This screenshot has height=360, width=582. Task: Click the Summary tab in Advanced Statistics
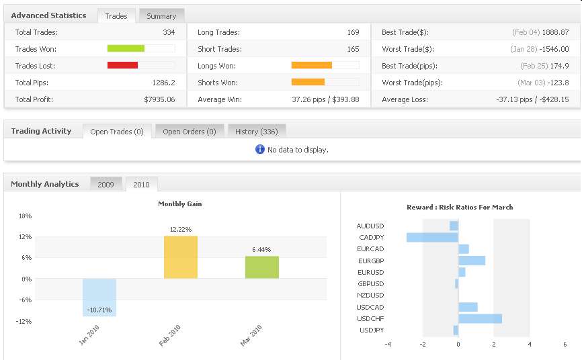click(x=161, y=15)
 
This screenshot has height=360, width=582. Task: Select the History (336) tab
click(x=257, y=132)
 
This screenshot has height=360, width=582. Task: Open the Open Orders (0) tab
click(x=189, y=132)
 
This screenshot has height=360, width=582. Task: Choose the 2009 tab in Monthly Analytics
click(x=106, y=184)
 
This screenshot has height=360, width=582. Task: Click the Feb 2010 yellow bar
click(x=181, y=257)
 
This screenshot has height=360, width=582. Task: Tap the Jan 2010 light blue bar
click(x=99, y=297)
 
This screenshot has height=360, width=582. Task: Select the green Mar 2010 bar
click(x=261, y=267)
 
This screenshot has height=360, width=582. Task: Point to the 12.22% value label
click(x=181, y=230)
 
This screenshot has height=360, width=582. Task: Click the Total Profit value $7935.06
click(x=159, y=99)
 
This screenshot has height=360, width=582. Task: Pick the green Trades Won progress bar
click(x=126, y=48)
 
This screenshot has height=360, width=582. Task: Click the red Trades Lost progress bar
click(x=123, y=65)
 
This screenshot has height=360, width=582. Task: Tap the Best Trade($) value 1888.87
click(x=555, y=32)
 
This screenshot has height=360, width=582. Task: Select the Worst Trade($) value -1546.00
click(x=553, y=49)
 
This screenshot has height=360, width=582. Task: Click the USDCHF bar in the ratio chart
click(x=480, y=318)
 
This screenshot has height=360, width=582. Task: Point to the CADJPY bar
click(x=432, y=237)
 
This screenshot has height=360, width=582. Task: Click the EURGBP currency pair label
click(x=370, y=261)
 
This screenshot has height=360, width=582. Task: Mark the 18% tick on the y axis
click(x=26, y=216)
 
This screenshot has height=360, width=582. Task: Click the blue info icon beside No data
click(x=260, y=149)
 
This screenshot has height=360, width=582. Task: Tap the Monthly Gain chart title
click(x=179, y=204)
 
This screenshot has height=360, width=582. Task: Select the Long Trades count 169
click(x=353, y=32)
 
